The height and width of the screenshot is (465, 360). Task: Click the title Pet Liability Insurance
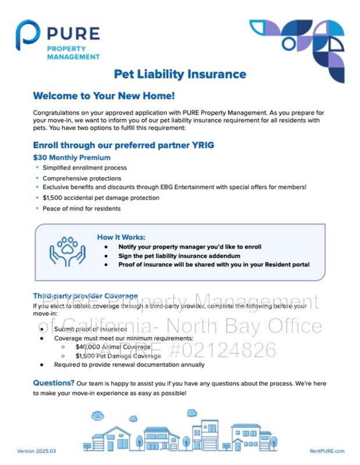tap(180, 74)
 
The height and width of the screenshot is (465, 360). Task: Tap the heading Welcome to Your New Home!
tap(104, 96)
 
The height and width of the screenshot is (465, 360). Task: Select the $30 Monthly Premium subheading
tap(72, 158)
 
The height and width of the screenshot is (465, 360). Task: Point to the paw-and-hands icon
tap(67, 252)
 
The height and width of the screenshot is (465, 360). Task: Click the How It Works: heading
tap(121, 237)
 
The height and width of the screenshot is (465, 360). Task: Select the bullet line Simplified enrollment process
tap(84, 167)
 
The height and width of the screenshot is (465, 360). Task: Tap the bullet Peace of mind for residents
tap(81, 208)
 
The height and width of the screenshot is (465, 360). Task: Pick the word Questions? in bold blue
tap(54, 383)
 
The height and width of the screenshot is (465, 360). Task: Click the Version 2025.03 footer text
tap(37, 451)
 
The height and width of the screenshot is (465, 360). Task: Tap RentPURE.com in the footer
tap(327, 451)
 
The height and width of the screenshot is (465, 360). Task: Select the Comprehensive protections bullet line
tap(82, 178)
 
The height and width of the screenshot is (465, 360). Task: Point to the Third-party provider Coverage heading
tap(85, 296)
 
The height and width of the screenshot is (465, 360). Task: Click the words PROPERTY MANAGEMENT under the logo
tap(73, 53)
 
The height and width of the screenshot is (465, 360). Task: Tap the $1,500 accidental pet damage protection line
tap(101, 198)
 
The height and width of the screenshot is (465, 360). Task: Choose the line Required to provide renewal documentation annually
tap(129, 365)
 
